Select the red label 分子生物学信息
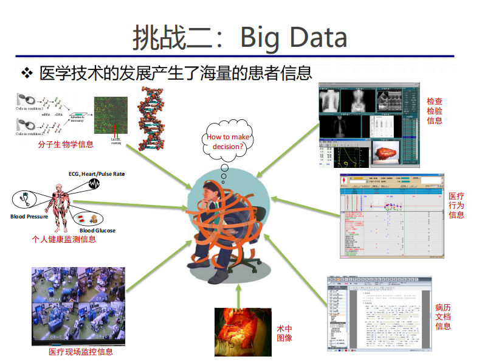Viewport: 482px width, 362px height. click(x=66, y=145)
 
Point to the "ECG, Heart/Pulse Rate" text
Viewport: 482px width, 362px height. click(x=96, y=174)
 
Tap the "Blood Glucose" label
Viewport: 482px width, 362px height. click(x=97, y=231)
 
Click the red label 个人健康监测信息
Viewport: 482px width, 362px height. click(x=64, y=240)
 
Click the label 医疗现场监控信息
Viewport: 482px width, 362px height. click(x=81, y=352)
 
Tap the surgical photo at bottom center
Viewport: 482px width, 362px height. click(x=238, y=332)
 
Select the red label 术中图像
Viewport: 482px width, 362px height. click(x=284, y=333)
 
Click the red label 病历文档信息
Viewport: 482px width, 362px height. click(x=443, y=316)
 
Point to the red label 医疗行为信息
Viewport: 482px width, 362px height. click(x=456, y=205)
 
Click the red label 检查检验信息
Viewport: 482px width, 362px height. click(x=435, y=111)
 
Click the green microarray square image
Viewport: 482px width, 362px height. click(x=111, y=115)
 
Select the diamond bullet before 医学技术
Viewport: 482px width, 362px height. click(x=26, y=74)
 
